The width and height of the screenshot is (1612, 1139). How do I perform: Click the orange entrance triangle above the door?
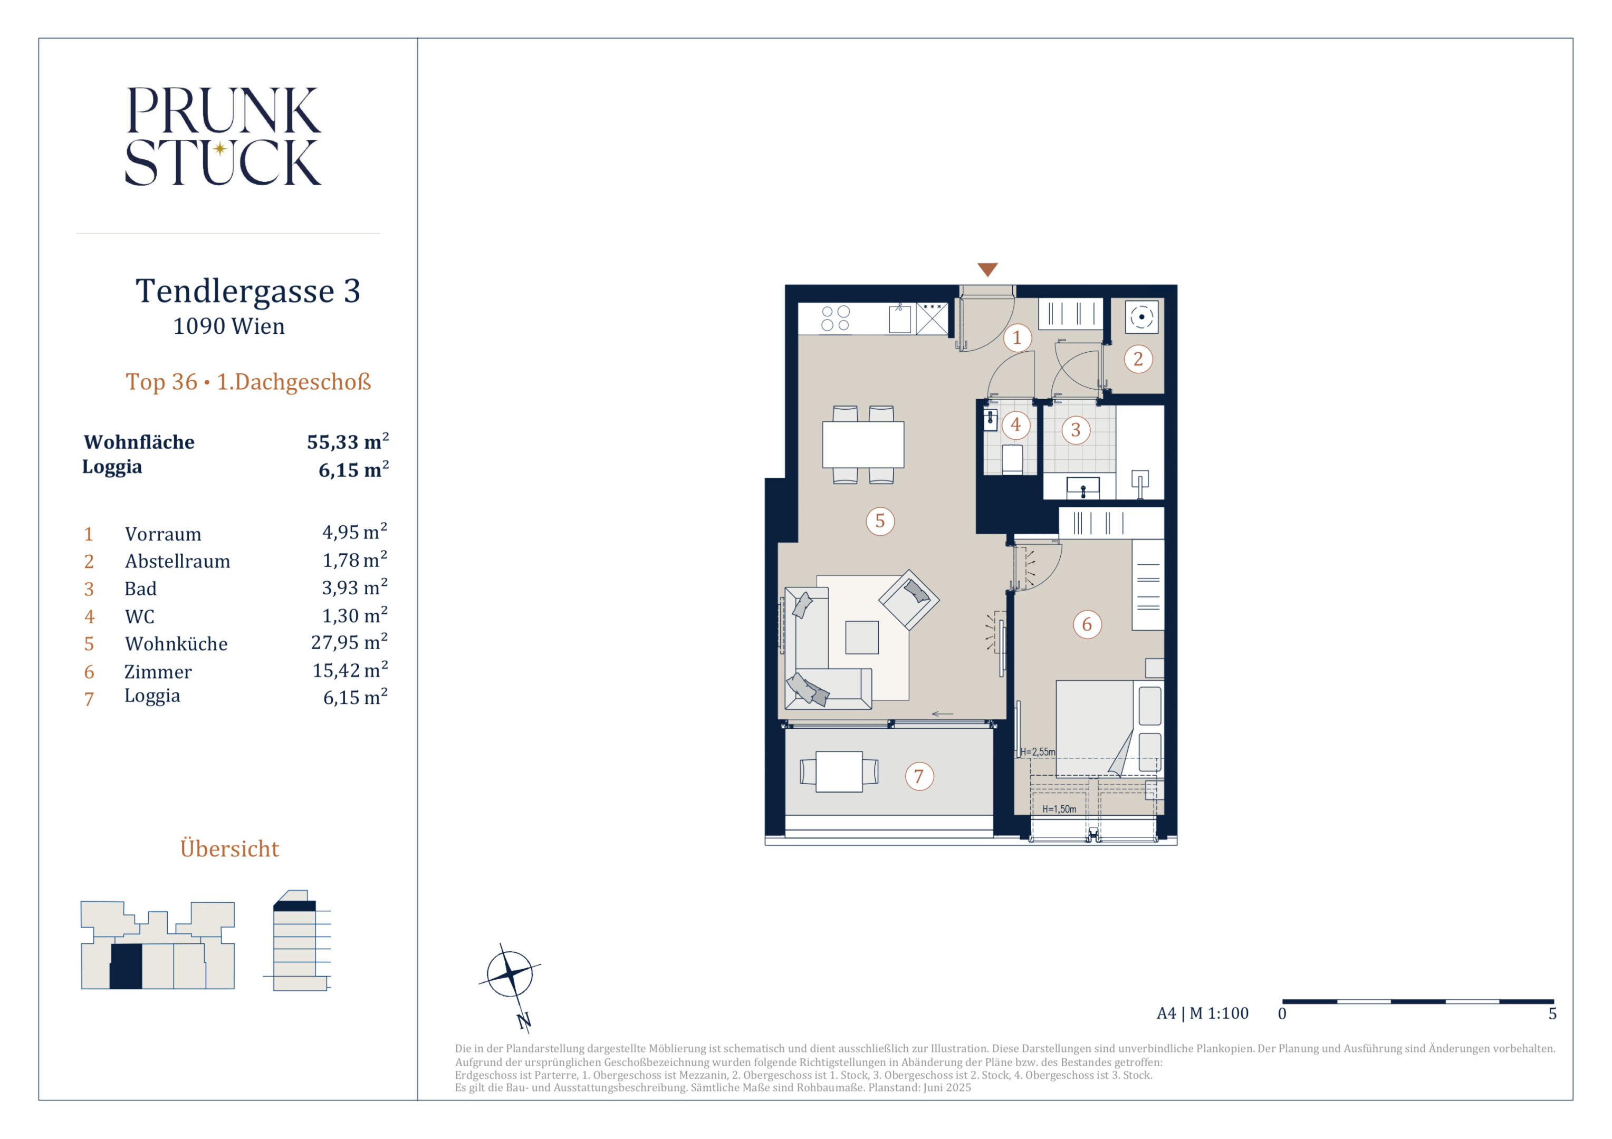[987, 269]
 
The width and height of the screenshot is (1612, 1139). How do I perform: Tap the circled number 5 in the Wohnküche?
[880, 522]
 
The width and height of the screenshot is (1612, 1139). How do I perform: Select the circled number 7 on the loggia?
[919, 777]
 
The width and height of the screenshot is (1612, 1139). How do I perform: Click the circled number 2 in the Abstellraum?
[1138, 359]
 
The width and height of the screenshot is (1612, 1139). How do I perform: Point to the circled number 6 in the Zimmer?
[1087, 624]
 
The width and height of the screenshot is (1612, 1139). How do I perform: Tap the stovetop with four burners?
[836, 318]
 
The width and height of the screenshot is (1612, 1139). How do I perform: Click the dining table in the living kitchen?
[863, 444]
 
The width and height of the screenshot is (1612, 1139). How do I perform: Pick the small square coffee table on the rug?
[861, 637]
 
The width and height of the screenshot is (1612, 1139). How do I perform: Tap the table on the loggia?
[839, 772]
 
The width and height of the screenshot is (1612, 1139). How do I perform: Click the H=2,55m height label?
[1037, 751]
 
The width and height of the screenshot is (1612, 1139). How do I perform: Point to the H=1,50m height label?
[1059, 809]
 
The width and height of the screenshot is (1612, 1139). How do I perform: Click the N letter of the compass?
[524, 1021]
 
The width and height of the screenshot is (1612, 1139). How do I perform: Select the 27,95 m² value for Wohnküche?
[349, 642]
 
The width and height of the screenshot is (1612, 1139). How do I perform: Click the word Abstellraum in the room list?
[178, 562]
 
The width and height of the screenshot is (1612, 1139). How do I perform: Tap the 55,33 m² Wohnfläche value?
[348, 442]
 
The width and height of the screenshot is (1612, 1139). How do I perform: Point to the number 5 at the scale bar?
[1552, 1014]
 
